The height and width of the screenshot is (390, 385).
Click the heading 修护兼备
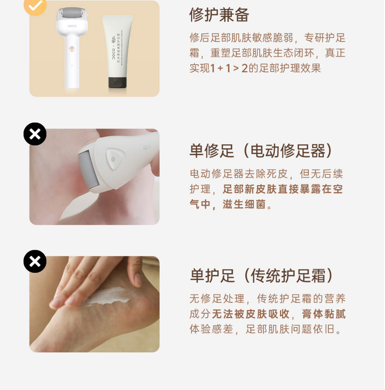(219, 15)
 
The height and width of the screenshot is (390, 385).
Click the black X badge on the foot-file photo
(35, 134)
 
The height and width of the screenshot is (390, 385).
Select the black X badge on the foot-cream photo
(35, 261)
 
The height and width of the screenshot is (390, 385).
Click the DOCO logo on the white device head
(72, 26)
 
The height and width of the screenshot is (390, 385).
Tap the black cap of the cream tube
(117, 82)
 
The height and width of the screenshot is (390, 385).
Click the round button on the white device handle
(72, 48)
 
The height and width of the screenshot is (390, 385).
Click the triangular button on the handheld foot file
(114, 159)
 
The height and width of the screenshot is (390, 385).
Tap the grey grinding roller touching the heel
(88, 171)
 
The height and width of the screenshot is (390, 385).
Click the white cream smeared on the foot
(107, 297)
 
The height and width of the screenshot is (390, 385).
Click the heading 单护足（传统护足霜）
(261, 276)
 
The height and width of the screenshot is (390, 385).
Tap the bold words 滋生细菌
(244, 204)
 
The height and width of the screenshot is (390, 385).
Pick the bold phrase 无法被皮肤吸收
(250, 314)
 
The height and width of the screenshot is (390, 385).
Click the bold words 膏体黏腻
(324, 314)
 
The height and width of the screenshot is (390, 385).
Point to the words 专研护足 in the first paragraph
(325, 38)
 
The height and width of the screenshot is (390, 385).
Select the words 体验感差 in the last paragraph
(211, 329)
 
